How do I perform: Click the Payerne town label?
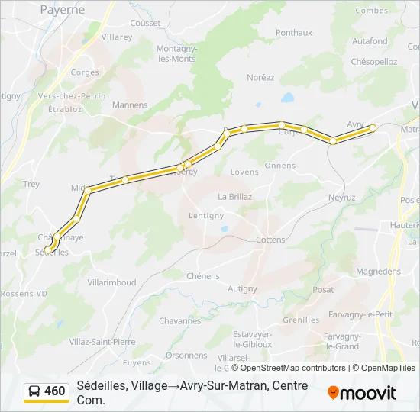pos(62,9)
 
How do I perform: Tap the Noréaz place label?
pos(260,77)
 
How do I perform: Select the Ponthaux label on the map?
pos(294,33)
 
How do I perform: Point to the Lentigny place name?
pos(206,216)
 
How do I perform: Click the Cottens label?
pos(270,240)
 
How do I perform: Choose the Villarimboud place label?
pos(111,282)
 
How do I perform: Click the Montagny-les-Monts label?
pos(176,53)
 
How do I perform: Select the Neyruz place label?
pos(341,197)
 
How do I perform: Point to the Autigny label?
pos(242,288)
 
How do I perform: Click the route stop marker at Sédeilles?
pos(49,249)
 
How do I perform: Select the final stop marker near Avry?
pos(373,128)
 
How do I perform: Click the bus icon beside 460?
pos(34,391)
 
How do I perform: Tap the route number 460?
pos(55,391)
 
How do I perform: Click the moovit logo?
pos(362,393)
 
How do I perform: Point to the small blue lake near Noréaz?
pos(287,98)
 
